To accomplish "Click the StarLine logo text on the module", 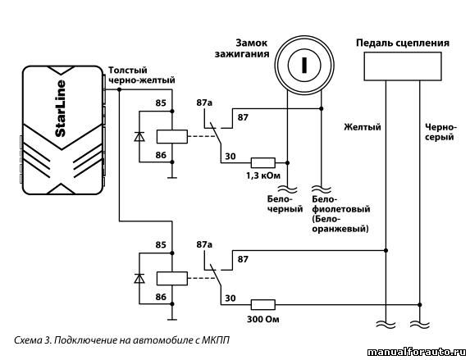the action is point(61,108).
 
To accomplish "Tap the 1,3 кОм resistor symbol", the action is point(262,162).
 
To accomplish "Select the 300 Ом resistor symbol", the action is point(262,305).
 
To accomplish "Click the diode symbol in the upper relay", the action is point(139,137).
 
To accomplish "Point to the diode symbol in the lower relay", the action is point(139,279).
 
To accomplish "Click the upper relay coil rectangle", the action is point(172,137).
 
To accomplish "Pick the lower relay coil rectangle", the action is point(172,279).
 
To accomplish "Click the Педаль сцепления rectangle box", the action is point(403,66).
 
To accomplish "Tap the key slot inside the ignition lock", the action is point(304,66).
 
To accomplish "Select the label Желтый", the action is point(362,127).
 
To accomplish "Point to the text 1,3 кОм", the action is point(263,175).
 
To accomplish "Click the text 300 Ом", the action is point(262,319).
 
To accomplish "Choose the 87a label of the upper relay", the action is point(204,103).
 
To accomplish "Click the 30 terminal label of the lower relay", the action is point(230,298).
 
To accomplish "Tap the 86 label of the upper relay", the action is point(161,155).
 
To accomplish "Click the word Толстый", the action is point(128,71).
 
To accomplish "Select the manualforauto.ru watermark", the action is point(417,352).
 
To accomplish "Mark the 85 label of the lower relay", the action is point(161,244).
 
